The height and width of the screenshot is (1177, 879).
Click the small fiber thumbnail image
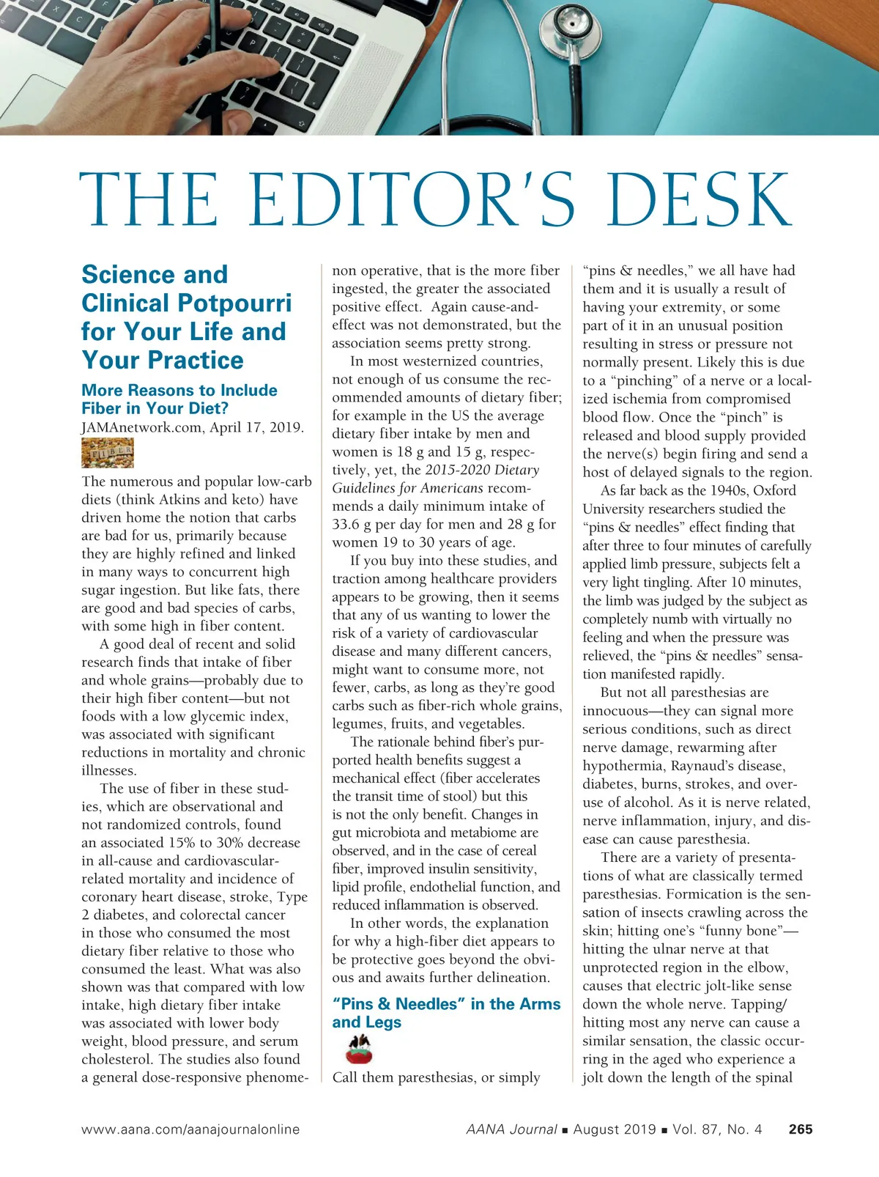[108, 453]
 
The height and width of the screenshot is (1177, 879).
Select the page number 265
[801, 1129]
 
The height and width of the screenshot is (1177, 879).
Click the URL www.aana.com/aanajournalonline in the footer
[190, 1129]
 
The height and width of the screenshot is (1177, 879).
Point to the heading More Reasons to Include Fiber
[179, 399]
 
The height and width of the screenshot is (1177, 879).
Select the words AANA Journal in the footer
[511, 1129]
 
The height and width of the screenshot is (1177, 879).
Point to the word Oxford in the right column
[774, 490]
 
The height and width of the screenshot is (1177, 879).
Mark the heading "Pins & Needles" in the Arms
[445, 1013]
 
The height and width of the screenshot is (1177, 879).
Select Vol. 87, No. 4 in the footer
[717, 1129]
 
